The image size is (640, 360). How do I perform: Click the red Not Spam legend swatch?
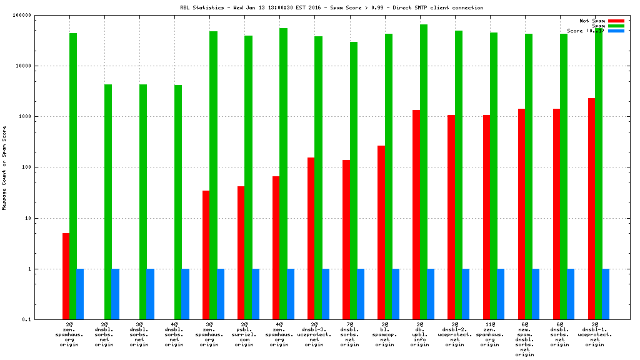[616, 21]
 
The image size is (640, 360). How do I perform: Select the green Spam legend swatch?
[616, 26]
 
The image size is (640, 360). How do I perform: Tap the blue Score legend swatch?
[616, 31]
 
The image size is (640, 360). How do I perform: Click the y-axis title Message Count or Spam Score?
[4, 167]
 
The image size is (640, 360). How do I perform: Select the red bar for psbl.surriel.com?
[241, 252]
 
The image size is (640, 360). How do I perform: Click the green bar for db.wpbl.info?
[423, 172]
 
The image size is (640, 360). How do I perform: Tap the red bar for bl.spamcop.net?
[381, 232]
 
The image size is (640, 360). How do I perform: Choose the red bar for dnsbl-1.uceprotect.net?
[591, 209]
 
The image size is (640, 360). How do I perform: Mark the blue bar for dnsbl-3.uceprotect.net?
[326, 294]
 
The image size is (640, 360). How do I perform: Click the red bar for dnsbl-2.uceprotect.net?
[451, 217]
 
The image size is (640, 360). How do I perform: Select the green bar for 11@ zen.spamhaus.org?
[493, 176]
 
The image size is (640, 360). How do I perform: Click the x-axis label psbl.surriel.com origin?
[244, 335]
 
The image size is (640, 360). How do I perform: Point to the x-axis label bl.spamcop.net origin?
[384, 335]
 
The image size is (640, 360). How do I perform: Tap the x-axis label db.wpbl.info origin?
[419, 335]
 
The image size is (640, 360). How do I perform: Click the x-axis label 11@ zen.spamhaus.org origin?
[489, 335]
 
